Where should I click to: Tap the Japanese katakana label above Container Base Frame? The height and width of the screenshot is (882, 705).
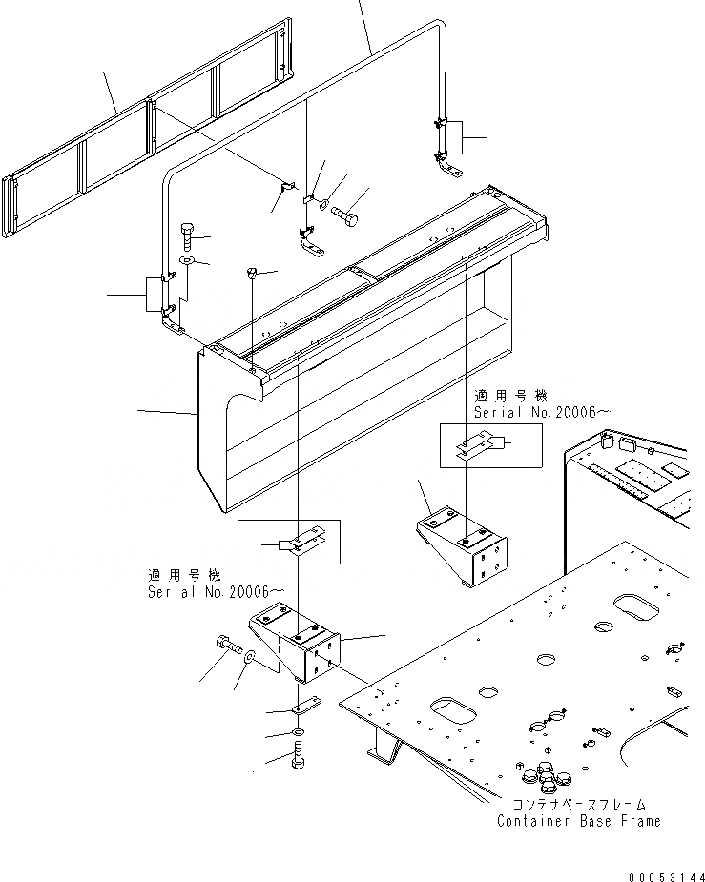point(578,805)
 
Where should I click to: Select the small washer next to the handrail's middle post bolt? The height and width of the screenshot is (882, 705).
point(324,204)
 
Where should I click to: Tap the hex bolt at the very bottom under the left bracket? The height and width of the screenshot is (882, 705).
point(297,760)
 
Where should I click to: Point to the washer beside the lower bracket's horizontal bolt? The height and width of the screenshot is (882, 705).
point(250,657)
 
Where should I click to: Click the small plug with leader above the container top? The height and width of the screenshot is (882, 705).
point(252,274)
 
